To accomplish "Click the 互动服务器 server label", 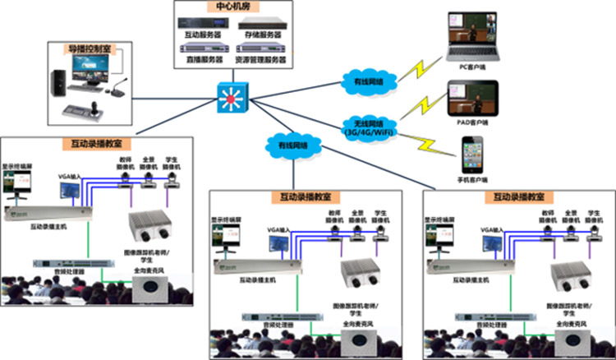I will point(201,35).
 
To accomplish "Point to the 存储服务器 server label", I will point(263,35).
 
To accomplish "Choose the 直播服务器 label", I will point(201,60).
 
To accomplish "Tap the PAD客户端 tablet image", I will point(472,101).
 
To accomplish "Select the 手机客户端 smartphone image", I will point(472,152).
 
